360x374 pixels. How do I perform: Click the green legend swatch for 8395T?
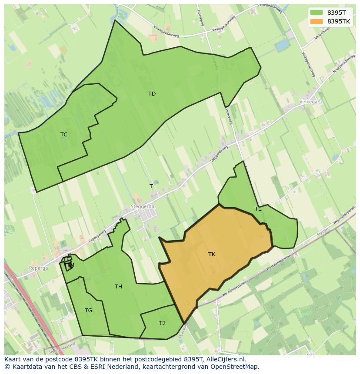pos(316,13)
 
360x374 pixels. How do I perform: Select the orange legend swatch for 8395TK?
pos(316,21)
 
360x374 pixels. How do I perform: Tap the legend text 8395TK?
pos(339,21)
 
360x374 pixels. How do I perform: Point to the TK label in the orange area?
pos(212,255)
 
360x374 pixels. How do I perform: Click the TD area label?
pos(152,94)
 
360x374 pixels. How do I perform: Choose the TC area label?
pos(64,135)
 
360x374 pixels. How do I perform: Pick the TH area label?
pos(118,287)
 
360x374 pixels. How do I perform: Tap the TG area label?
pos(88,311)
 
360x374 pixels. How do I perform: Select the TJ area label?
pos(162,323)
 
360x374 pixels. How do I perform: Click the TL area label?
pos(258,209)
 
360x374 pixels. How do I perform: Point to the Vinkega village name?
pos(308,102)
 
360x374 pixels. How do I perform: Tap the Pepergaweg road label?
pos(97,235)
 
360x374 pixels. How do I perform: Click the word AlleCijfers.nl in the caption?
pos(225,359)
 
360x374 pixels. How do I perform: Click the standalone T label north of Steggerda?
pos(151,186)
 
